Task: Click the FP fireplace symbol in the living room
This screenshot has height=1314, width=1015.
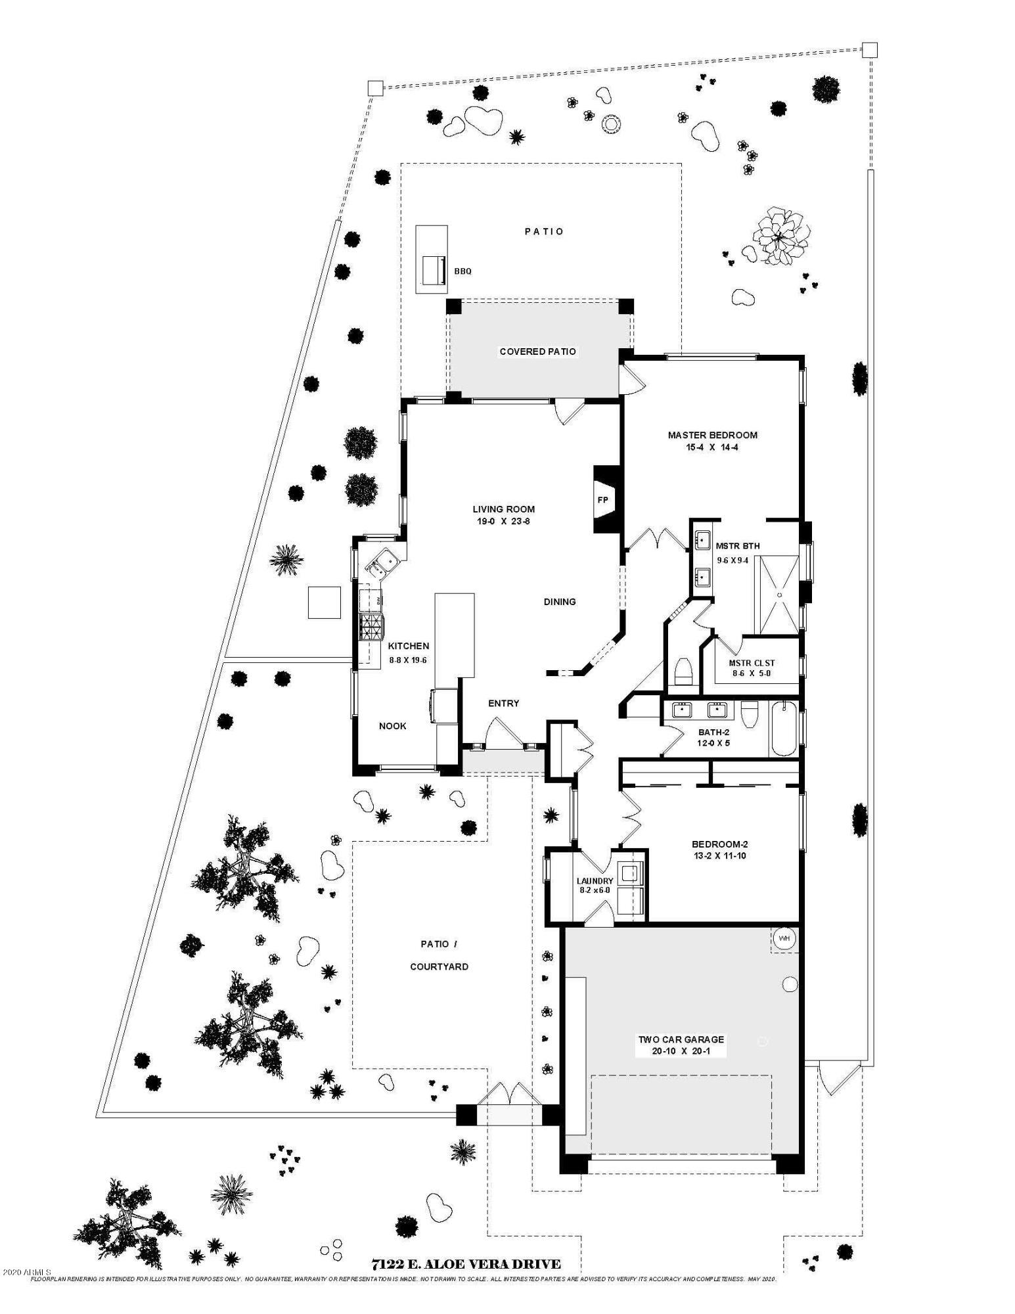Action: [602, 500]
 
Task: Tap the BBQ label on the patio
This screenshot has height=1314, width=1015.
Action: [462, 271]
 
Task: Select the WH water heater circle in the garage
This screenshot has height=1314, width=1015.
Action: [784, 938]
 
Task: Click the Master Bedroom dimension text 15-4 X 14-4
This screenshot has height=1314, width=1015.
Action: [712, 447]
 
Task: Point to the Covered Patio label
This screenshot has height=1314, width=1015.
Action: [537, 351]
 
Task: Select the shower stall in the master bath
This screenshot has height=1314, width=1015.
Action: [779, 595]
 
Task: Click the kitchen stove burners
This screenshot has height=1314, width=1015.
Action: [371, 627]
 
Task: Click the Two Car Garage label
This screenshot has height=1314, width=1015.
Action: [681, 1039]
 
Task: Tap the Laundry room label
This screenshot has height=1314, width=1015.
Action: [595, 881]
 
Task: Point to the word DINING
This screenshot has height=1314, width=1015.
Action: [560, 602]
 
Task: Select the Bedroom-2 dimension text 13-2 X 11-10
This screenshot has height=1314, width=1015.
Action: [719, 855]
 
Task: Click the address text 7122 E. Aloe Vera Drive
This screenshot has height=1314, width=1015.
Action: [466, 1264]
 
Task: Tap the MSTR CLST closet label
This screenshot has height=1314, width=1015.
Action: [752, 663]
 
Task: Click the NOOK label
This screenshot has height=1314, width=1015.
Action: [392, 726]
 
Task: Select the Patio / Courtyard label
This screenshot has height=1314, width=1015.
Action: [439, 955]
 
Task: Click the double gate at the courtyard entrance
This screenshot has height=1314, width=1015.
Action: [508, 1095]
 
